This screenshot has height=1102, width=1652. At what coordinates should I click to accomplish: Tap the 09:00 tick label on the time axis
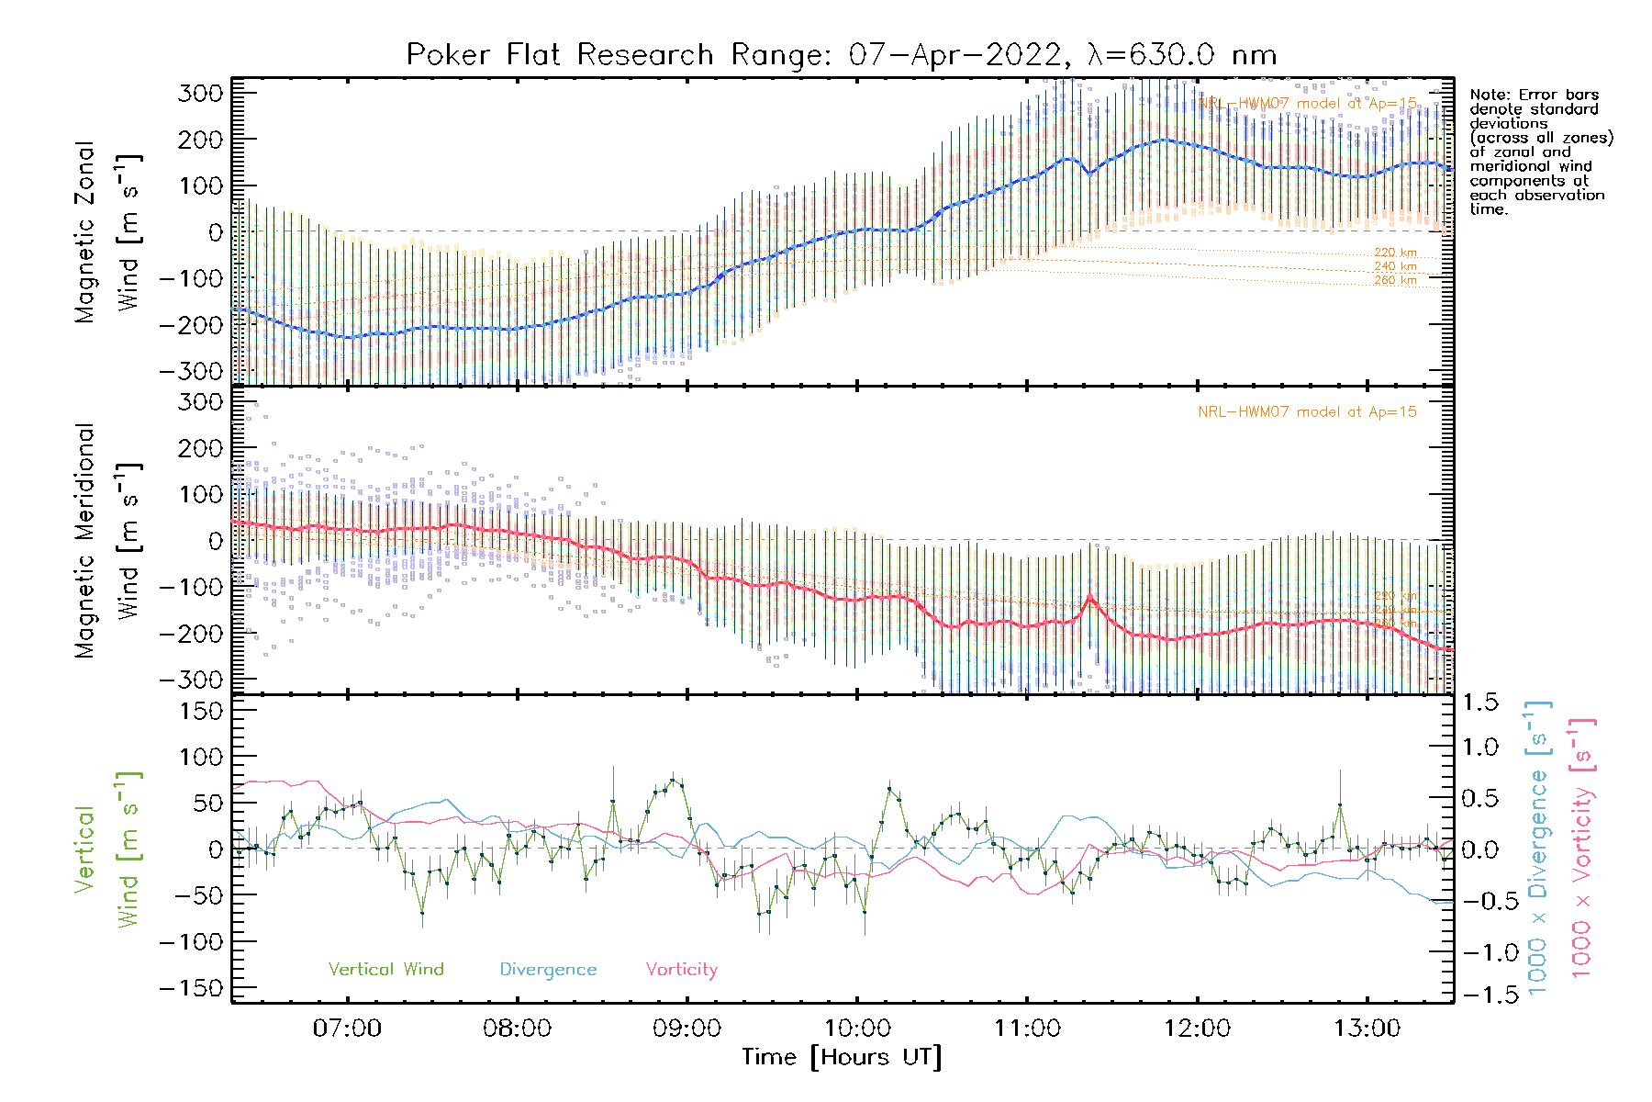coord(686,1029)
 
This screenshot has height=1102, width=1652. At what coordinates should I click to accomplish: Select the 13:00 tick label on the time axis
coord(1367,1029)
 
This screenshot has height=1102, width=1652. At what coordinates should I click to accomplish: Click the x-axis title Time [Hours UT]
coord(841,1057)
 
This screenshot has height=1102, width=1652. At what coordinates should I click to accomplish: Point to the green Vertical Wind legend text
coord(385,970)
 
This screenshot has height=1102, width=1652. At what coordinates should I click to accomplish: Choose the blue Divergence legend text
coord(548,970)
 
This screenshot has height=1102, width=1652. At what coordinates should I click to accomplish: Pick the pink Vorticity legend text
coord(681,970)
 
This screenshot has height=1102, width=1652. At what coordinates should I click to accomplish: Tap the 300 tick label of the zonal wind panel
coord(200,94)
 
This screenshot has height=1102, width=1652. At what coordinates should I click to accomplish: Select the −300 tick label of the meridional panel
coord(191,680)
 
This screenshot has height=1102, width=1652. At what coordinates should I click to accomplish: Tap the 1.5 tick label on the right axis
coord(1479,703)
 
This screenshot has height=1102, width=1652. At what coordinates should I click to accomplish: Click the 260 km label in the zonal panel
coord(1395,280)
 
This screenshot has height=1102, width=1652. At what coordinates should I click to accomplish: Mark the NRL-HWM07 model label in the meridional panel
coord(1307,412)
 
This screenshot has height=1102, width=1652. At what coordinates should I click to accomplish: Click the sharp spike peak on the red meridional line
coord(1090,596)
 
